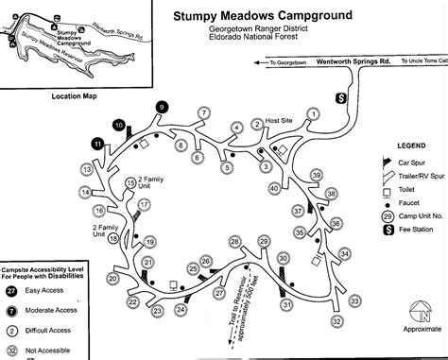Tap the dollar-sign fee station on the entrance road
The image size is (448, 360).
point(343,97)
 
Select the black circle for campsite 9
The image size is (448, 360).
point(162,109)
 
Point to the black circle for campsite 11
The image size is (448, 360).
point(98,144)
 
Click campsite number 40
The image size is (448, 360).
point(273,188)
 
